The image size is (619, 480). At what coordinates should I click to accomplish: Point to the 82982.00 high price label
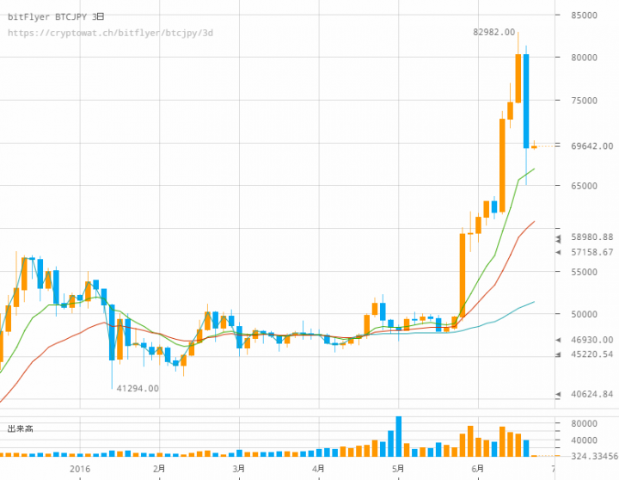click(x=493, y=32)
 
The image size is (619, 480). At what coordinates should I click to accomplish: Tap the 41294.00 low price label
click(x=137, y=389)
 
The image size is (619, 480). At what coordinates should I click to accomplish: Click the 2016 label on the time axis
click(x=80, y=469)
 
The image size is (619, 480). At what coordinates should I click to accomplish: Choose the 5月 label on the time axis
click(x=397, y=469)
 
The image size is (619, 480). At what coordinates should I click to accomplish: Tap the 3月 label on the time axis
click(x=238, y=469)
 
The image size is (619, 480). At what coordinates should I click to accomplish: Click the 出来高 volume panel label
click(x=20, y=428)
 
